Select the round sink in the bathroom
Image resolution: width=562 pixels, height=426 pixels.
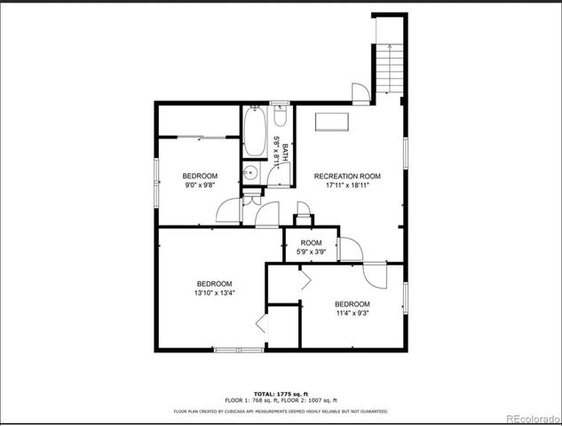pyautogui.click(x=252, y=174)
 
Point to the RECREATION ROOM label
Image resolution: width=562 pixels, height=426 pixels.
pyautogui.click(x=347, y=176)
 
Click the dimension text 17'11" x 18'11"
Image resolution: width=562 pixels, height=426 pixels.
pyautogui.click(x=347, y=185)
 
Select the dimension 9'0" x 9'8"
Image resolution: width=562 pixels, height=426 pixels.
pyautogui.click(x=200, y=185)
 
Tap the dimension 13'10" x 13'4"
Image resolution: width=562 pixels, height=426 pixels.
pyautogui.click(x=215, y=292)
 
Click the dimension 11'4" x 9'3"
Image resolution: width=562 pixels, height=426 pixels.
pyautogui.click(x=353, y=312)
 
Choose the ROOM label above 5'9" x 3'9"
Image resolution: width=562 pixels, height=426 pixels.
pyautogui.click(x=311, y=243)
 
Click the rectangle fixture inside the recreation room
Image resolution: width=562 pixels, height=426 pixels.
pyautogui.click(x=332, y=122)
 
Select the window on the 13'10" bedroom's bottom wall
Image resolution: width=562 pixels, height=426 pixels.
pyautogui.click(x=239, y=350)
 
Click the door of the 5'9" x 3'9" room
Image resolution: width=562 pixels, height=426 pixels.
pyautogui.click(x=348, y=248)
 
